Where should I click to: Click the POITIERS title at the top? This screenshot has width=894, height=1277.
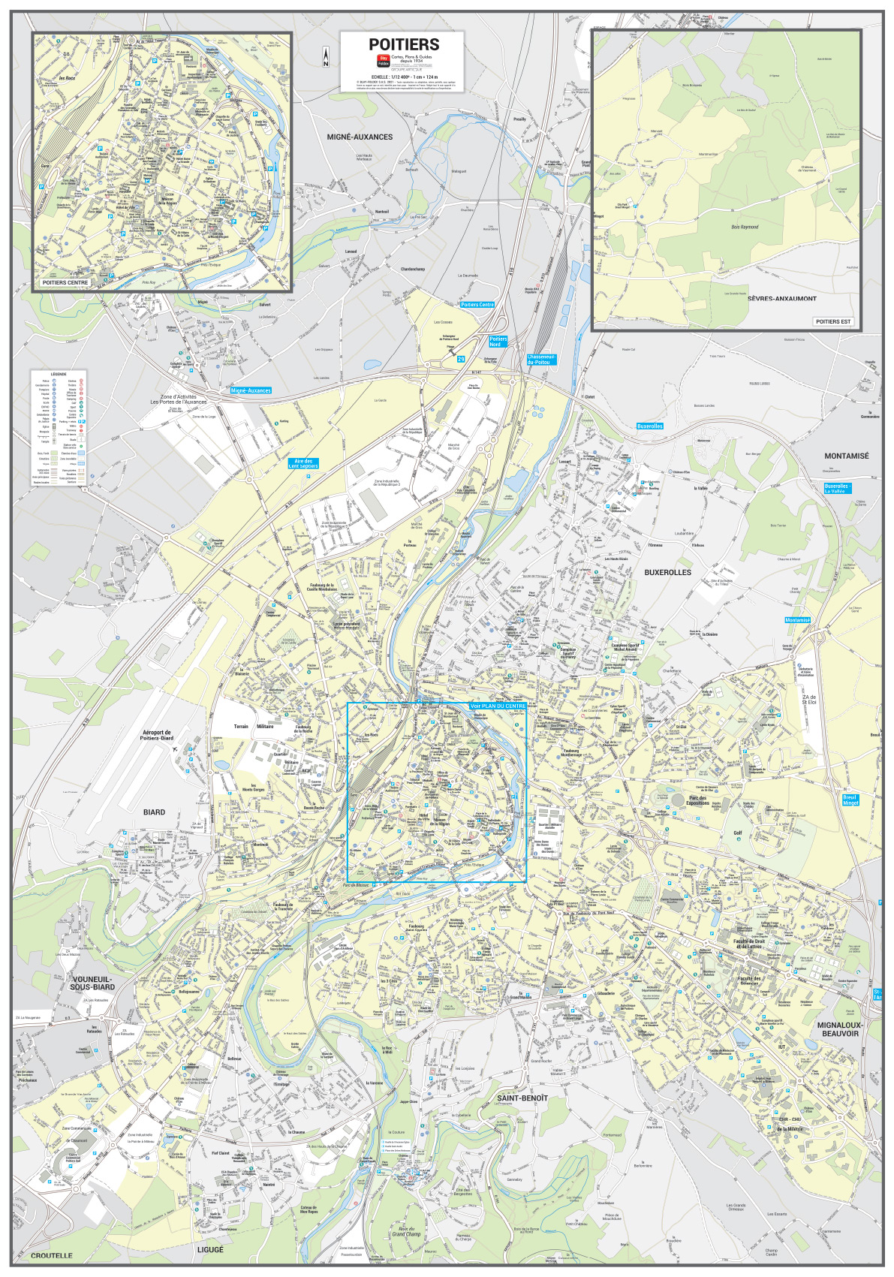coord(403,44)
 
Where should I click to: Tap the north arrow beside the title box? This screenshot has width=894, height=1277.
coord(326,57)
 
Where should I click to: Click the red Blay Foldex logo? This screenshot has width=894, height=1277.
coord(383,60)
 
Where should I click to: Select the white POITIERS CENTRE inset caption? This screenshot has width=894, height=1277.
coord(65,283)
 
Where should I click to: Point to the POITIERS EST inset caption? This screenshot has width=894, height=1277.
coord(833,321)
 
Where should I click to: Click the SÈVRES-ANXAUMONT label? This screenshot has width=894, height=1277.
coord(781,299)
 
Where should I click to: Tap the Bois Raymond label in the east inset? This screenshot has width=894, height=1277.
coord(745,227)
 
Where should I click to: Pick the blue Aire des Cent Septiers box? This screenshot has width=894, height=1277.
coord(303,464)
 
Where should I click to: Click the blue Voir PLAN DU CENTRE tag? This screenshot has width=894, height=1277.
coord(498,706)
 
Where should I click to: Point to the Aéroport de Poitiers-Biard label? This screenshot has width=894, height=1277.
coord(156,735)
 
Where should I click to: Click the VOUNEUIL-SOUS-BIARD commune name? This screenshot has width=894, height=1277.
coord(92,983)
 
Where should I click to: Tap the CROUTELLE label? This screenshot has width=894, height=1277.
coord(52,1255)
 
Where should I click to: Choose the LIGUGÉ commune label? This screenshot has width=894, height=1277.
coord(210,1250)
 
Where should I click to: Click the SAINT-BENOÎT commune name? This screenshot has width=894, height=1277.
coord(522,1098)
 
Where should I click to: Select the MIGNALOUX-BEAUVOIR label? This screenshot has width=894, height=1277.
coord(840,1029)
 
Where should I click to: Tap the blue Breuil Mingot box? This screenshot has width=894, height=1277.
coord(850,800)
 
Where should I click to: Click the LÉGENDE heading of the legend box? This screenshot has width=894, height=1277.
coord(59,374)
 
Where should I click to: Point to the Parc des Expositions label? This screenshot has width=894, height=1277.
coord(698,800)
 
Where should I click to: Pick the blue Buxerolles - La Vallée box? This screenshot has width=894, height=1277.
coord(837,489)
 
